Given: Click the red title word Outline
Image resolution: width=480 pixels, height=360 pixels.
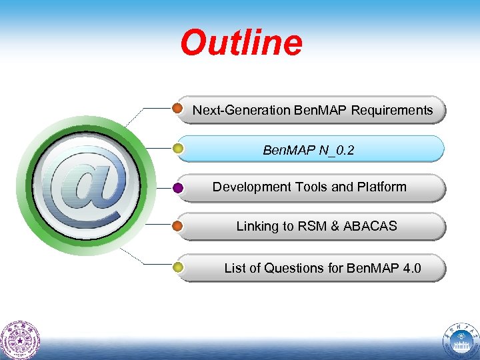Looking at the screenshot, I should point(241,43).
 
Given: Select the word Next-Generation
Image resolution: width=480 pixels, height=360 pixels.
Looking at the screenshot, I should point(241,110).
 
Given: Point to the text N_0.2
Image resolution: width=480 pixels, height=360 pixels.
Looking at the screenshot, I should point(336,151).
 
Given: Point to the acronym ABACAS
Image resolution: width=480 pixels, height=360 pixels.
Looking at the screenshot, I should point(370,226).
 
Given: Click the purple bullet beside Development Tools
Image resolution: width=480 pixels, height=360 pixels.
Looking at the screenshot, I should point(178,188).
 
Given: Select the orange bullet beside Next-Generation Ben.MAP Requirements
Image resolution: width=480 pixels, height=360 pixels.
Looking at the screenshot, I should point(178,108).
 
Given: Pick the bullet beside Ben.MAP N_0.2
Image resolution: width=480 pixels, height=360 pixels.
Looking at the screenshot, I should point(178,148).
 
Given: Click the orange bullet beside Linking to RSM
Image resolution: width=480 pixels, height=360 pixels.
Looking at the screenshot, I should point(178,226).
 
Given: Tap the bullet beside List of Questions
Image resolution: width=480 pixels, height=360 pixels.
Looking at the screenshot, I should point(178,268).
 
